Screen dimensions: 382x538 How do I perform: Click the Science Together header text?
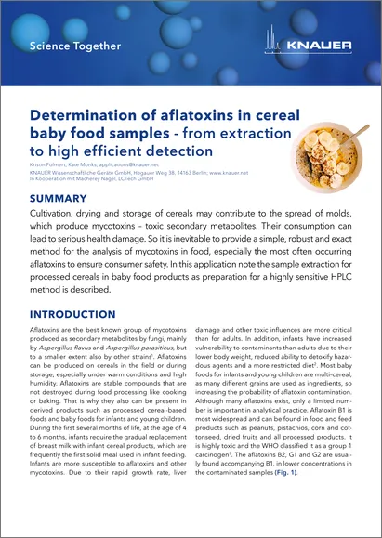[75, 46]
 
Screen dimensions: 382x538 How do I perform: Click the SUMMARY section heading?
[59, 199]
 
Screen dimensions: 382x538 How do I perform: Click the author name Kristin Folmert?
[49, 164]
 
